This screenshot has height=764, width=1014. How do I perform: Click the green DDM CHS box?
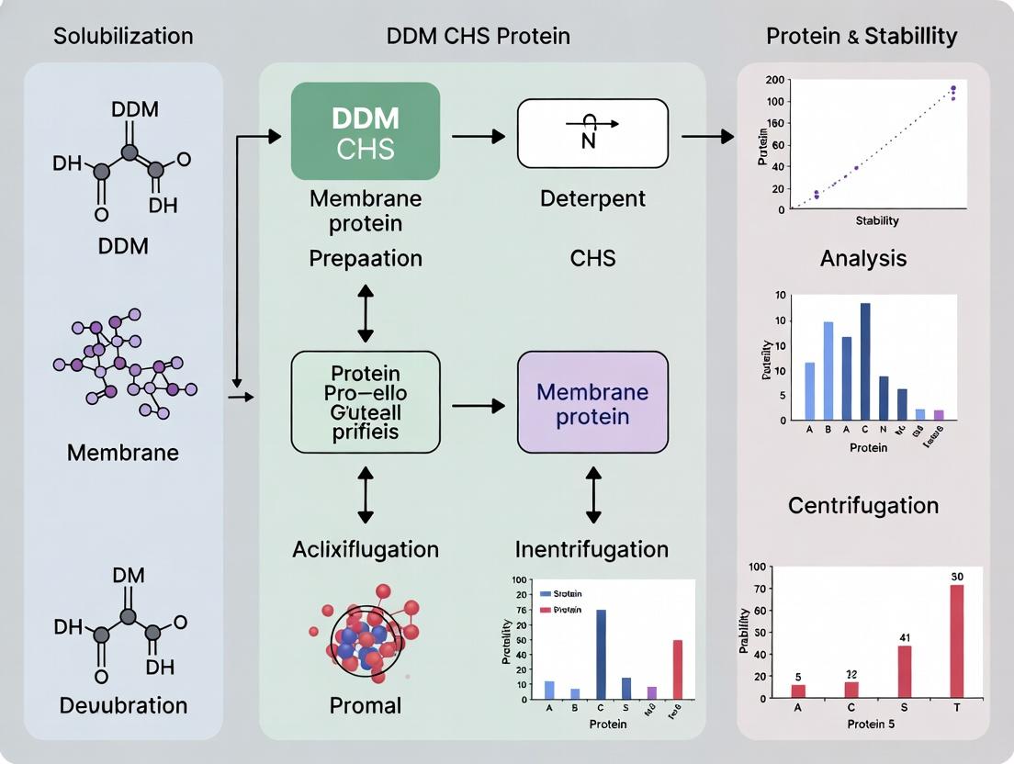tap(365, 131)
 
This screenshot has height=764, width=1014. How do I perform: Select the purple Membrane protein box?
tap(592, 403)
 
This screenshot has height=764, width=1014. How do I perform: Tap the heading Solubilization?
tap(123, 37)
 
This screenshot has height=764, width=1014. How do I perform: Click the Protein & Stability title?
tap(862, 37)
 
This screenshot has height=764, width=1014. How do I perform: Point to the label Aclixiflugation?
tap(366, 549)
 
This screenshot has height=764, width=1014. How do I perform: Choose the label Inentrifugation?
tap(592, 549)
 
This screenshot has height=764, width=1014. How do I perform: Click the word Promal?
tap(366, 705)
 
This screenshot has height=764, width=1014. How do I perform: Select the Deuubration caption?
tap(123, 705)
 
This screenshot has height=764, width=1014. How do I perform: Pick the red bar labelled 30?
tap(956, 641)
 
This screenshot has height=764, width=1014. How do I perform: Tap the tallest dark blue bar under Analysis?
tap(864, 361)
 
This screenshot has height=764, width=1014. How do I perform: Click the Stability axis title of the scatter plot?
tap(877, 221)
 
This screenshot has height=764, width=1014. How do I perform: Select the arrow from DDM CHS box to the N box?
tap(478, 137)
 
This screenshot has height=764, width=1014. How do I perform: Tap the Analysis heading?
tap(863, 259)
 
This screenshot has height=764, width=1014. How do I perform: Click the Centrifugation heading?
tap(863, 506)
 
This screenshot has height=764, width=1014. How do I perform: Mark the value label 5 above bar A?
tap(799, 676)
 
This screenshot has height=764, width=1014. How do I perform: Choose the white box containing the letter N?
tap(592, 134)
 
